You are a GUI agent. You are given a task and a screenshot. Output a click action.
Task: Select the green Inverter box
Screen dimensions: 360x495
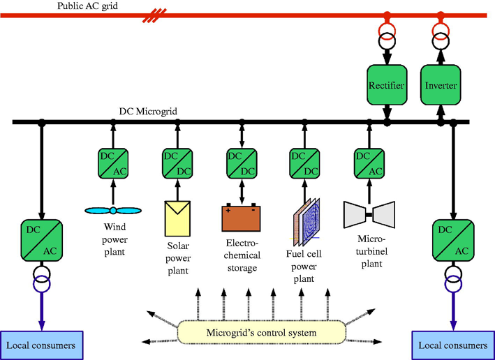coord(441,85)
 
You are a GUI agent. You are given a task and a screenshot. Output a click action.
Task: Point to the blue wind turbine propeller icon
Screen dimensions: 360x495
coord(112,210)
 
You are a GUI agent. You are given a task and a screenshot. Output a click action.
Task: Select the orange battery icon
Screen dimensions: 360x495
coord(242,217)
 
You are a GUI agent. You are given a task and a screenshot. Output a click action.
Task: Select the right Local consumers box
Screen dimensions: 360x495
coord(453,345)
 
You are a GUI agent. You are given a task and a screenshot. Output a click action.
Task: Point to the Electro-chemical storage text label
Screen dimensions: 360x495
coord(242,256)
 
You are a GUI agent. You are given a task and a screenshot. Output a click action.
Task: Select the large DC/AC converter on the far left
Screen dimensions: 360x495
coord(41,239)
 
